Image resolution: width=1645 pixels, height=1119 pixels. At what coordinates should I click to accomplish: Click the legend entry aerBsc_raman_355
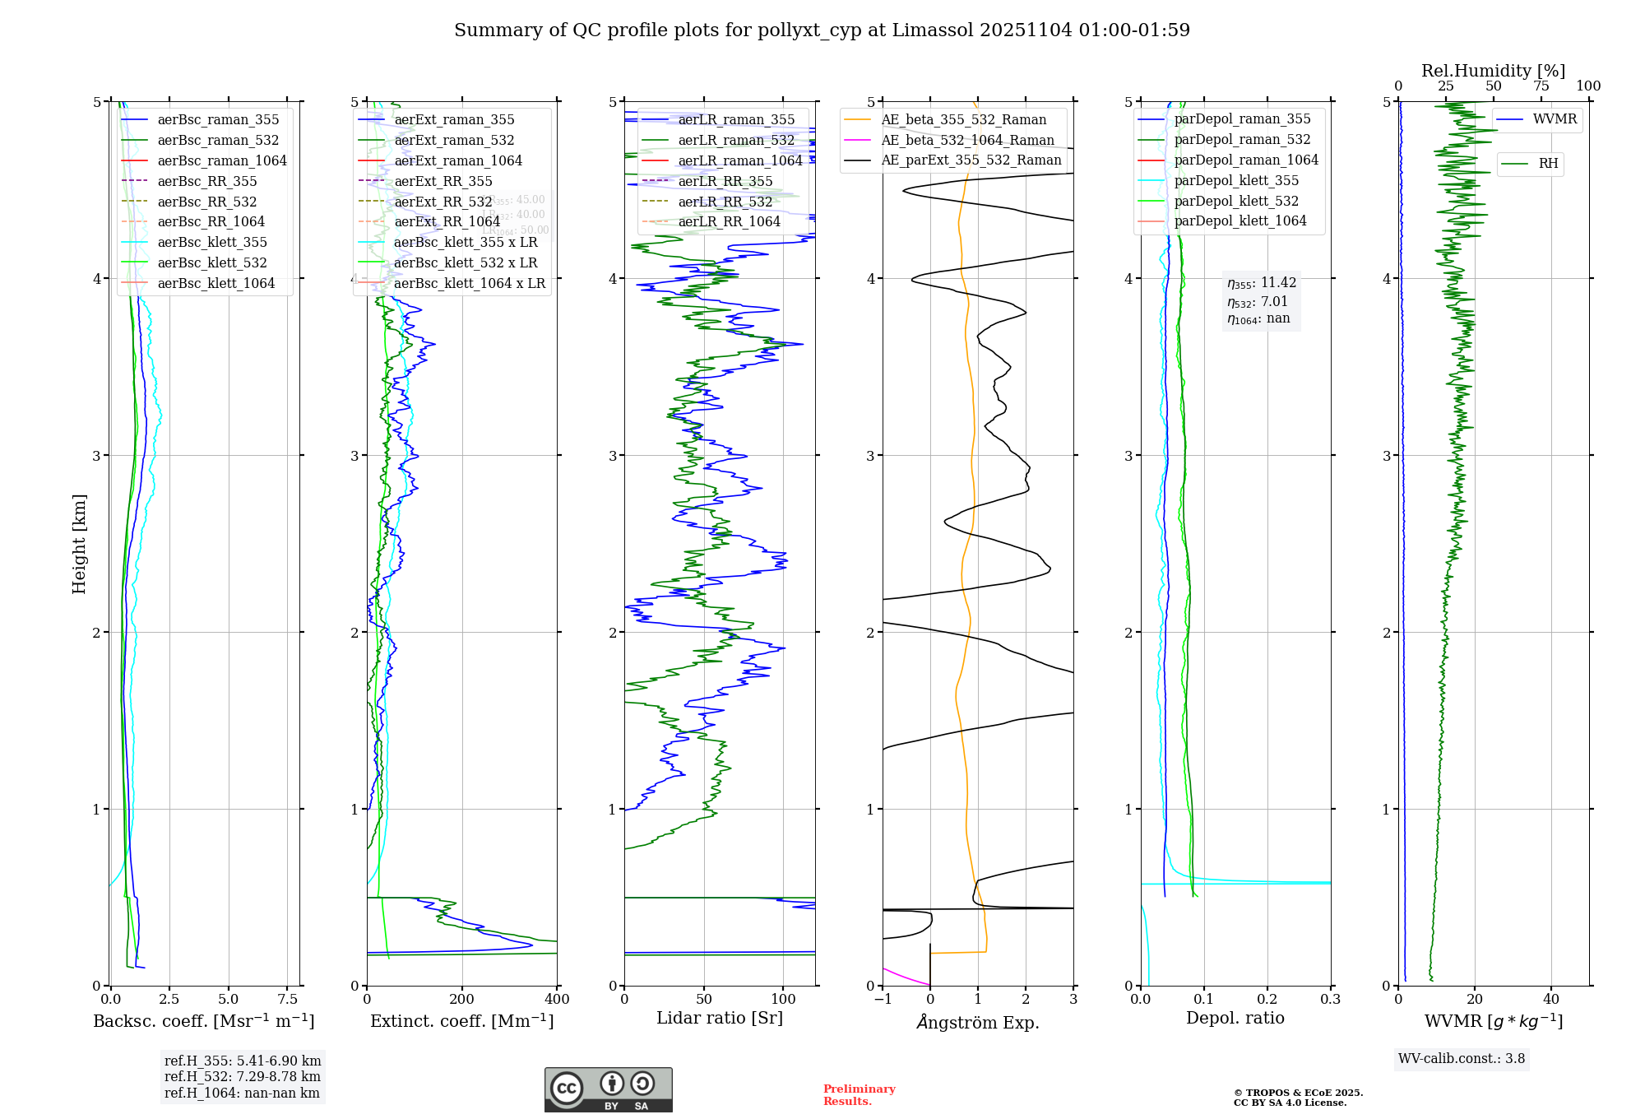218,120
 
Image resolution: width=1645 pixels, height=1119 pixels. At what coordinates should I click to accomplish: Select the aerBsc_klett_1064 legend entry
215,284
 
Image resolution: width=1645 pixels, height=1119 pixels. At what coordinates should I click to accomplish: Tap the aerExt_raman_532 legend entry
454,141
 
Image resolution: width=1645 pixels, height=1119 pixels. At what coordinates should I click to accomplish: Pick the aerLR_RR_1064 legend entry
729,222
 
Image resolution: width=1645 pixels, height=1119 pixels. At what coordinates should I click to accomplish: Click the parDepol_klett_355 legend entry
1236,181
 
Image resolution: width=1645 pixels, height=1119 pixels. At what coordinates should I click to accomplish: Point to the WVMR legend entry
1555,119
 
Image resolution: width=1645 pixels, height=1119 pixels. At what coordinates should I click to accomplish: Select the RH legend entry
1548,164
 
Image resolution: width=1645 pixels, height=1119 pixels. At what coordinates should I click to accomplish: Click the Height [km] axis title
79,544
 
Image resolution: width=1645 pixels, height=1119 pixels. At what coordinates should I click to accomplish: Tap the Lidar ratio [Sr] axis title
720,1019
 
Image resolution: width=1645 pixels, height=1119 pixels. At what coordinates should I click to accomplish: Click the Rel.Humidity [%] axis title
1493,71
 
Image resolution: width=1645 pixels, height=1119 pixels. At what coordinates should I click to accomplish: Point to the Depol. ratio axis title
1235,1019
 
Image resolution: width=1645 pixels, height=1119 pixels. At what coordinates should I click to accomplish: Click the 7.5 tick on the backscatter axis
288,1000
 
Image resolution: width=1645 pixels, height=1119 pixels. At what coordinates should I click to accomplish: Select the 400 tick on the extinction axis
557,1000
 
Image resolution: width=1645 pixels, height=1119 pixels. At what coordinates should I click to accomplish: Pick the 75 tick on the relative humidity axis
1541,86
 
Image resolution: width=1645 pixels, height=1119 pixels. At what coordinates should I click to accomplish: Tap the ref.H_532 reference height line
242,1077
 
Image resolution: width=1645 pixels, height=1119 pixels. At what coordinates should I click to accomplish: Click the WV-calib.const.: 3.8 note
1462,1059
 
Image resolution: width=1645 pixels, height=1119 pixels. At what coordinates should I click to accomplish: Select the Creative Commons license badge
608,1090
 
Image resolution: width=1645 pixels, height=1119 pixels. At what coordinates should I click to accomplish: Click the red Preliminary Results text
859,1095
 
